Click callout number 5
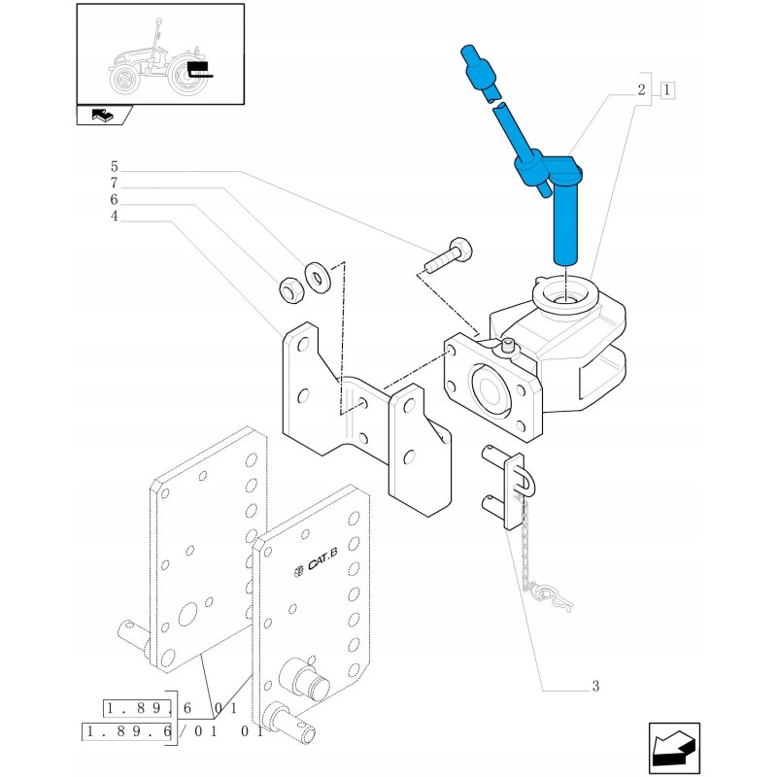point(114,167)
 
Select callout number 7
point(114,184)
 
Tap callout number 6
point(114,200)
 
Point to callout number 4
point(114,217)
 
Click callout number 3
point(595,687)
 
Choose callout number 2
point(642,90)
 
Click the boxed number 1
point(667,90)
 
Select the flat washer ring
point(318,278)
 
